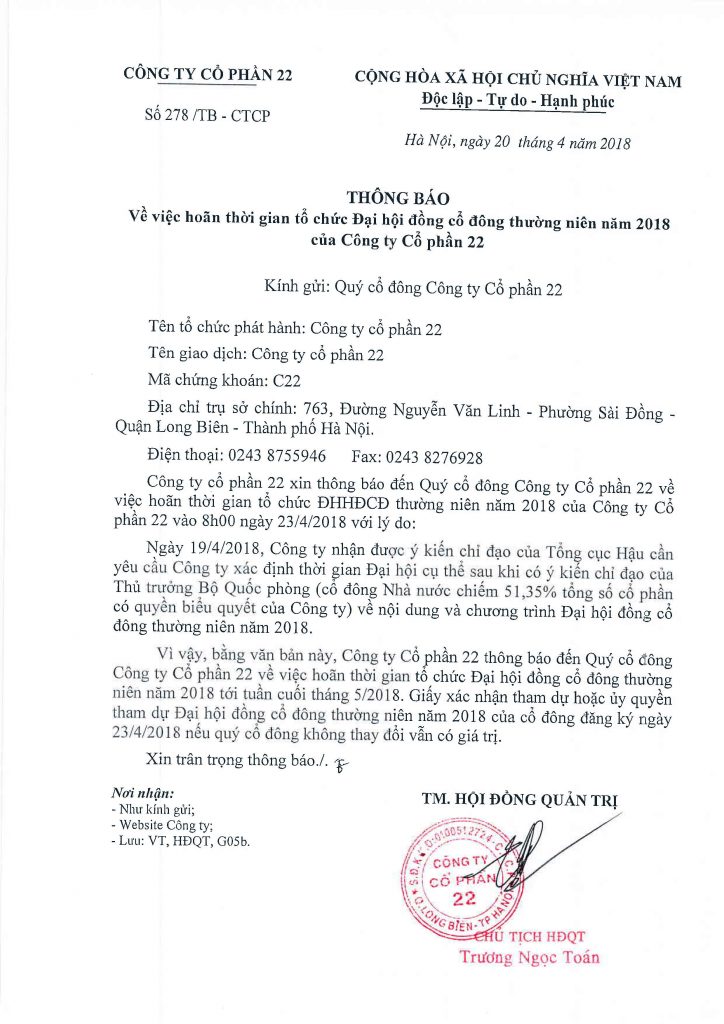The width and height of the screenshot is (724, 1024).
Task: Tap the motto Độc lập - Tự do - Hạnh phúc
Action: coord(517,101)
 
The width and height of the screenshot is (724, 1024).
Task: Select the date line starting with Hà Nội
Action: coord(517,143)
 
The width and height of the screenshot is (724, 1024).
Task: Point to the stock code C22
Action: coord(287,380)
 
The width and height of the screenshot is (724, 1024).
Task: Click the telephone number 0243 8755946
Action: coord(279,457)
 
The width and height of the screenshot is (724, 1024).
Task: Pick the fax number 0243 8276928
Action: coord(436,457)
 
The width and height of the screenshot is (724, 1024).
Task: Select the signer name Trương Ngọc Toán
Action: coord(529,957)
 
